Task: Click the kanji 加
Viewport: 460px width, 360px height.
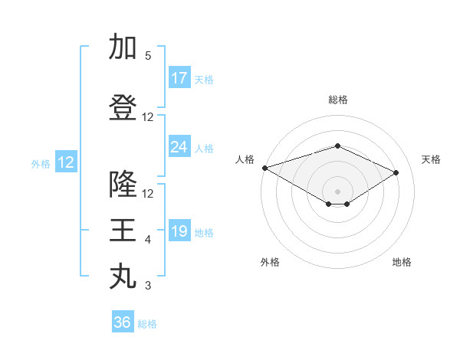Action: pos(123,47)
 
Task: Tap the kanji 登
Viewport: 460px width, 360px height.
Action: pos(123,107)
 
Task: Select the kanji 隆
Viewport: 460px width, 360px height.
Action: pos(123,184)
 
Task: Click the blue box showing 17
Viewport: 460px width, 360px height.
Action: pos(179,79)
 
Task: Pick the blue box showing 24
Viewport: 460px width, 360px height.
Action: pos(179,147)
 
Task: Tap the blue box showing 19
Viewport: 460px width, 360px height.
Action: pos(179,232)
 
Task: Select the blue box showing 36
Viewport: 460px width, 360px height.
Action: pos(123,322)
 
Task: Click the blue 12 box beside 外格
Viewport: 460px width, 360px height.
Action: pos(66,162)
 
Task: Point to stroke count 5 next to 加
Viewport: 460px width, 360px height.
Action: pos(148,56)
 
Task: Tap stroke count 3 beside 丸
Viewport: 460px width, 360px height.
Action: pos(148,286)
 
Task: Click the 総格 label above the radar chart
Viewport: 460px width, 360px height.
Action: pos(337,100)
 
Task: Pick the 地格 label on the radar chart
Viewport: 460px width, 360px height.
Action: pos(402,262)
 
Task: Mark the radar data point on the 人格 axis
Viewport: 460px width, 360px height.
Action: pos(264,168)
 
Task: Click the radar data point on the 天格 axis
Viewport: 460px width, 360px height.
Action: pos(396,172)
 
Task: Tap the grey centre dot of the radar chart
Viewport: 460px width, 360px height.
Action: pos(337,190)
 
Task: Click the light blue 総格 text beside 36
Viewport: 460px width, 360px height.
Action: pos(147,324)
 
